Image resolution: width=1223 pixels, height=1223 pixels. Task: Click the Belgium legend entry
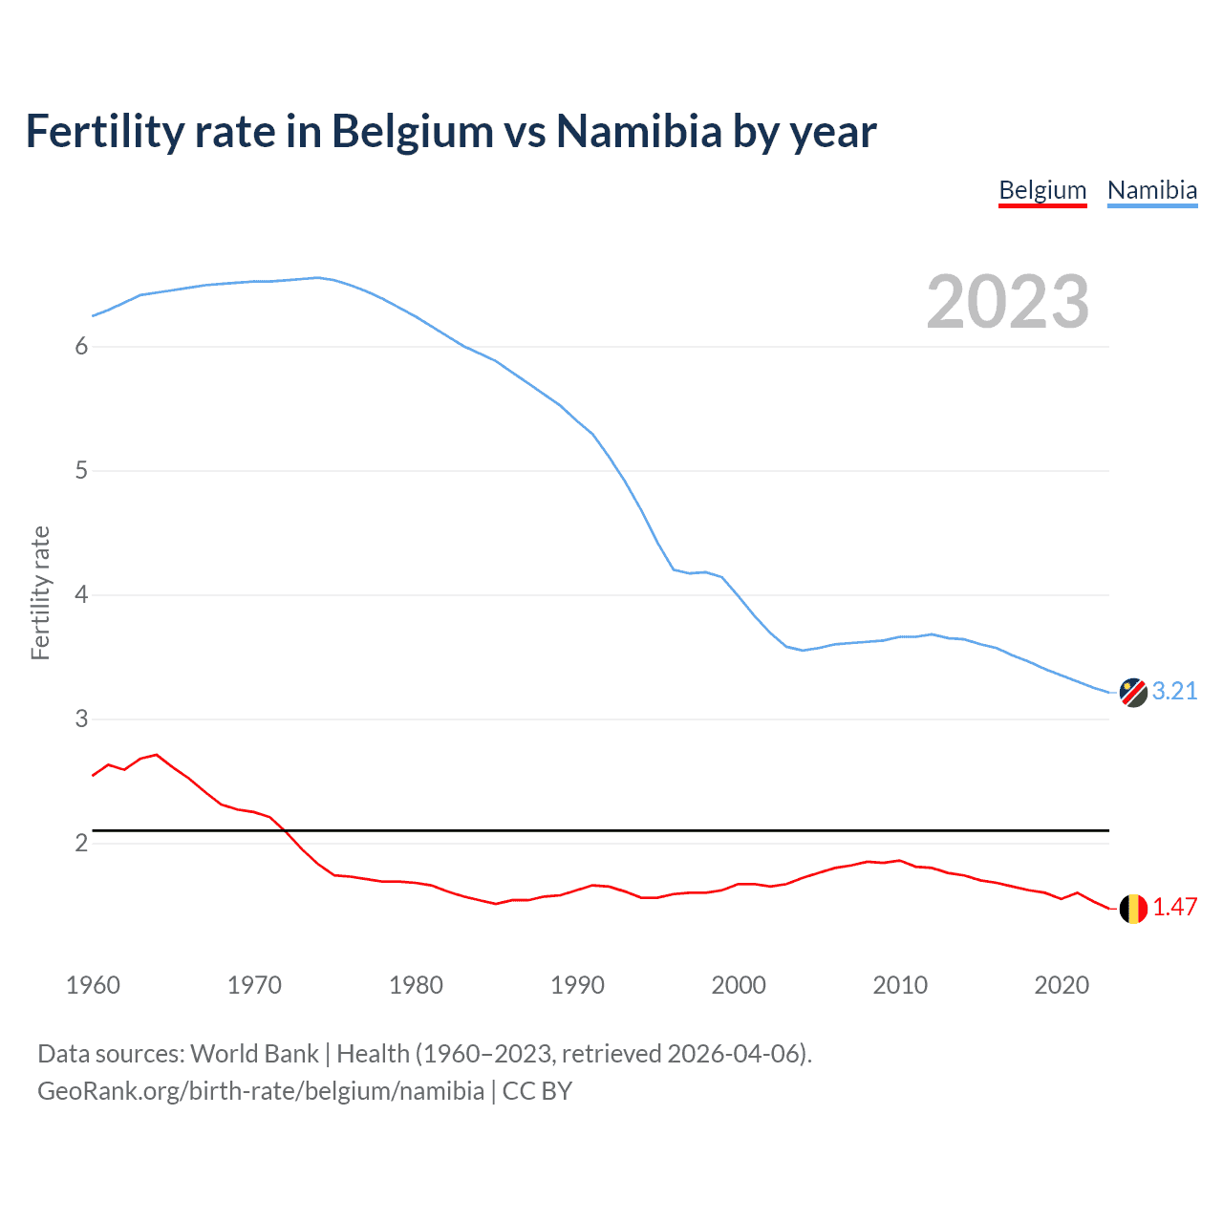(1042, 190)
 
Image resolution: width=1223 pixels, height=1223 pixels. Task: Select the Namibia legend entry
(1151, 190)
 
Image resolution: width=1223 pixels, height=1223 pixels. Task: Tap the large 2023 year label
(1007, 302)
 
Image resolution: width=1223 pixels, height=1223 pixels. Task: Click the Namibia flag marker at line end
(1132, 693)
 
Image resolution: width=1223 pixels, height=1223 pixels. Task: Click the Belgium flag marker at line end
(1132, 909)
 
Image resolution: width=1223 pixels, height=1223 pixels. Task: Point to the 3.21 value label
(1174, 691)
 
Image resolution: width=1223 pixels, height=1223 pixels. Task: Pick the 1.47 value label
(1174, 907)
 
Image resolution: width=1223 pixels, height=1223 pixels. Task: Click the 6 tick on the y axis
(81, 347)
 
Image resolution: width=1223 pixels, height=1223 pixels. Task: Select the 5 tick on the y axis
(81, 471)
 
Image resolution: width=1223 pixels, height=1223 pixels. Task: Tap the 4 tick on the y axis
(81, 595)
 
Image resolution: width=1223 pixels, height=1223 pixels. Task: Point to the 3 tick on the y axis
(81, 719)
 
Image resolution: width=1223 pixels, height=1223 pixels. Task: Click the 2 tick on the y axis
(81, 844)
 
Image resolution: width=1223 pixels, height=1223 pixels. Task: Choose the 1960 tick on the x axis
(93, 985)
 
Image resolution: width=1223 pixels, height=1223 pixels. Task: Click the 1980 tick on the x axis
(416, 985)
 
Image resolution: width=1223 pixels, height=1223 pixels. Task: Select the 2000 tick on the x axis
(739, 985)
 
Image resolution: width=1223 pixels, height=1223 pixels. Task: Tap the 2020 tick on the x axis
(1062, 985)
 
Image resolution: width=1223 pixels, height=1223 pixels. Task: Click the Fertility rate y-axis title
(40, 592)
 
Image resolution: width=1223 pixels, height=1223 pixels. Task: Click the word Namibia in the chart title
(638, 131)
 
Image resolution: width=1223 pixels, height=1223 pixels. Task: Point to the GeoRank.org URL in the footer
(261, 1091)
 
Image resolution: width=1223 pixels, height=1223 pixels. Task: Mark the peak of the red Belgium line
(157, 755)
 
